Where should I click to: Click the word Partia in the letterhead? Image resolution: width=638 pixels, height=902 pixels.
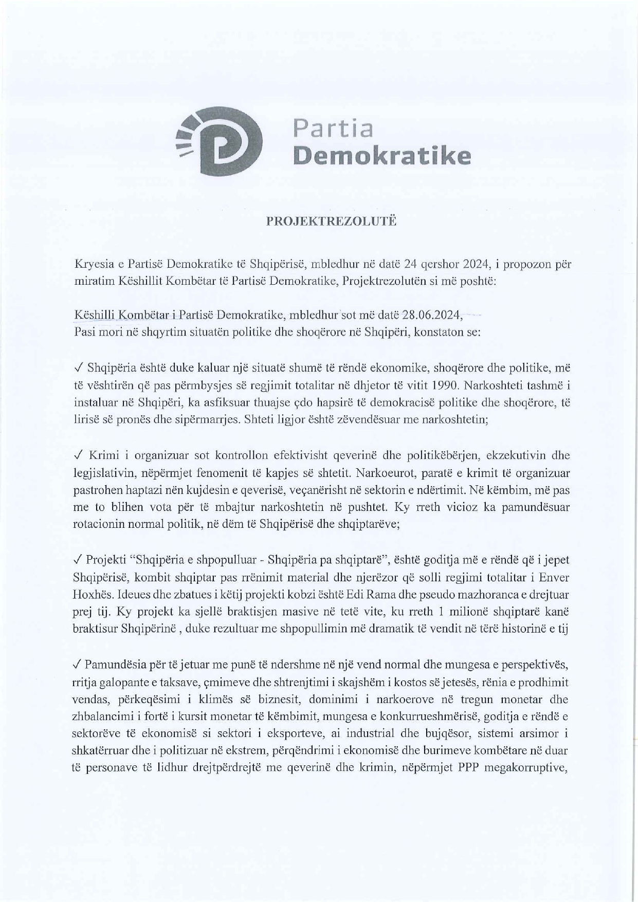click(x=333, y=129)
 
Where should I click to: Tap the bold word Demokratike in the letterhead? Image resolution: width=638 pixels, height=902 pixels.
click(x=381, y=156)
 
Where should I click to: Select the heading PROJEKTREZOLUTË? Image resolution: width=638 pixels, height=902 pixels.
click(x=331, y=222)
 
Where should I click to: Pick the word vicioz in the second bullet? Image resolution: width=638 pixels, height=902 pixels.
click(x=464, y=507)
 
